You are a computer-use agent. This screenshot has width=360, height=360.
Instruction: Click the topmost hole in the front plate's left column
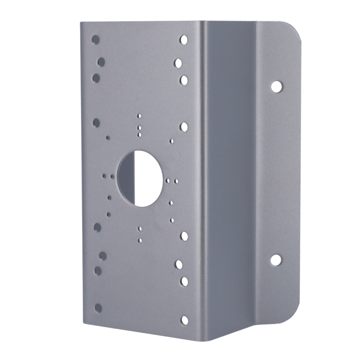click(x=95, y=39)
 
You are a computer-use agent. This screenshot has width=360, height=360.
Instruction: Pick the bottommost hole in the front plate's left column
click(x=98, y=308)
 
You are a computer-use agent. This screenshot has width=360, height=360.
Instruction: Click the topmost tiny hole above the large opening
click(x=139, y=115)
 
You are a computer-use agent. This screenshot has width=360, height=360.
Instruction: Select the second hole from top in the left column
click(x=101, y=61)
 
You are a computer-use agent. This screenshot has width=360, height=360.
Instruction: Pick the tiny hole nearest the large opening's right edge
click(x=168, y=181)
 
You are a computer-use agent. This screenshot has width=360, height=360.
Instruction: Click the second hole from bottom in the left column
click(x=97, y=270)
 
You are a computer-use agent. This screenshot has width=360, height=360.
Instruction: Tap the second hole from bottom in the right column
click(x=184, y=280)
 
